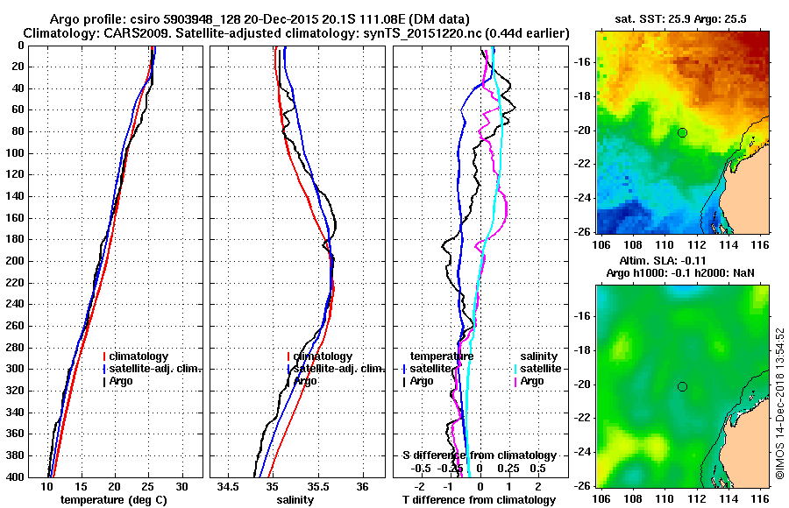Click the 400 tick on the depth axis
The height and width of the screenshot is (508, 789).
click(x=17, y=477)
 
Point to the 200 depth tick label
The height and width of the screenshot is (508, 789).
click(x=17, y=261)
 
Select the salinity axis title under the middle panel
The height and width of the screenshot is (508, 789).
click(x=296, y=500)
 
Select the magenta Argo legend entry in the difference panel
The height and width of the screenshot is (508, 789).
click(x=531, y=381)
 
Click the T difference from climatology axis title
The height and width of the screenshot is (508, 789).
click(x=479, y=500)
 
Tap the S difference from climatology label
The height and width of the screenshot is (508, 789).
click(x=479, y=455)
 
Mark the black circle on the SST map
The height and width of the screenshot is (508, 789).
click(x=682, y=132)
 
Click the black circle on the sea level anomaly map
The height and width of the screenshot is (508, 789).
click(x=682, y=386)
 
